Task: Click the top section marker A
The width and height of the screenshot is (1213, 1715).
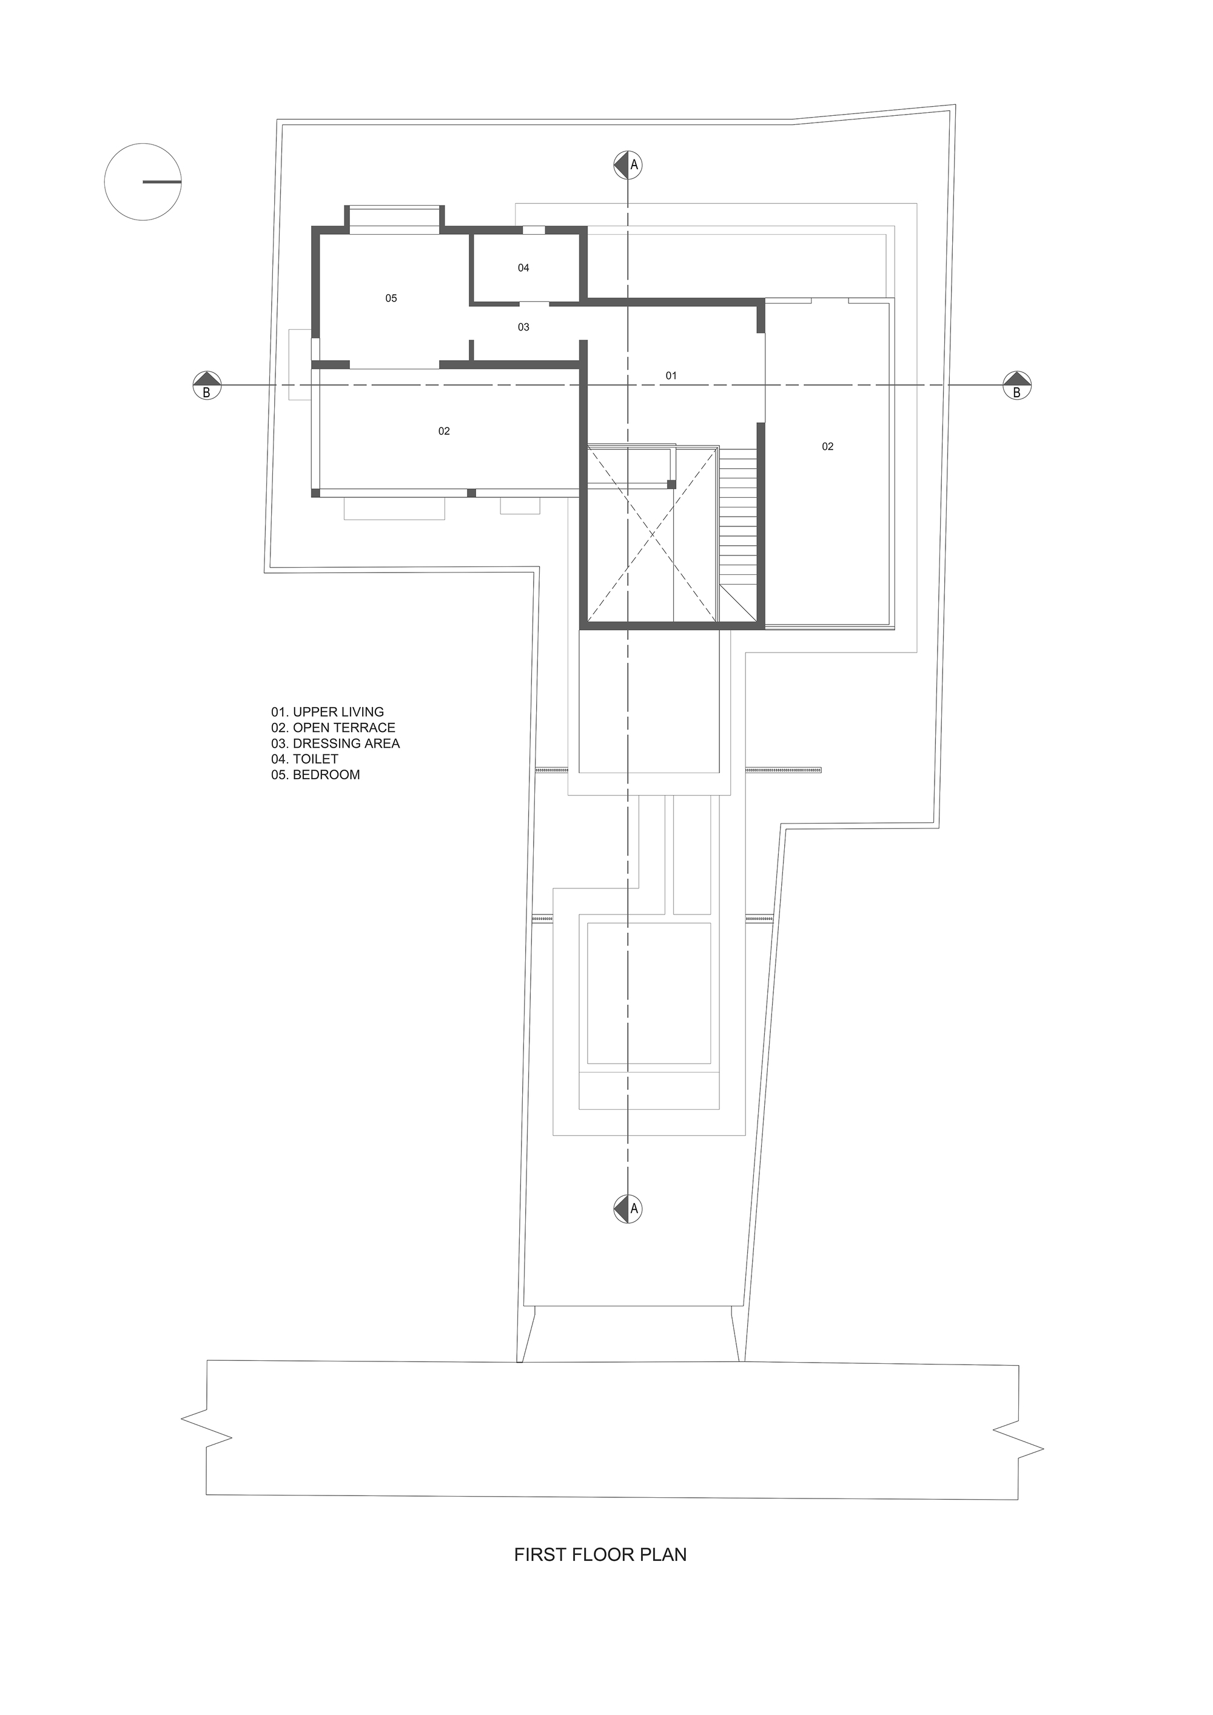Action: [628, 164]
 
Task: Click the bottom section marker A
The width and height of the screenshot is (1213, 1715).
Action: [628, 1208]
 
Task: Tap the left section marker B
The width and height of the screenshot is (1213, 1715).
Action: [207, 386]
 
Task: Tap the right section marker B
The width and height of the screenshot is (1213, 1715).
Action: [1016, 386]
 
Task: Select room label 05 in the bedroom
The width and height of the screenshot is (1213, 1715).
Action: [391, 298]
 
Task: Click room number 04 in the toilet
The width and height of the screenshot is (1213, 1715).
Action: [523, 267]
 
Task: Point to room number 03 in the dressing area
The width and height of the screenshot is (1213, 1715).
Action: [523, 327]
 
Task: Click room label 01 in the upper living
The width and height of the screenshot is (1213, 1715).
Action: [671, 376]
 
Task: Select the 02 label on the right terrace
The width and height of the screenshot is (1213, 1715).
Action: [828, 447]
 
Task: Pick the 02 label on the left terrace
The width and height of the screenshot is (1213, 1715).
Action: [444, 431]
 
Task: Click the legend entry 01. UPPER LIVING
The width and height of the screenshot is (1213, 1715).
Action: [327, 712]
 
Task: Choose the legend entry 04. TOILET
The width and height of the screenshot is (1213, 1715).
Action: [304, 759]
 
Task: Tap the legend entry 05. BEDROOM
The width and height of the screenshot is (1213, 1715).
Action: [315, 774]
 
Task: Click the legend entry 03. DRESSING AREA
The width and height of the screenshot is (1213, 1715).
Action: [335, 743]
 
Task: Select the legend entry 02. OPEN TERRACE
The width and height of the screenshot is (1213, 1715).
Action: [333, 728]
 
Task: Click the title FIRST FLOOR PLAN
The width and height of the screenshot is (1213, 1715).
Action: [600, 1554]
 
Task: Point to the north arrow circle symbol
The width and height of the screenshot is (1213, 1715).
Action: [143, 181]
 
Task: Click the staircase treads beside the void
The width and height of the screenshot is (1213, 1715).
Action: [738, 515]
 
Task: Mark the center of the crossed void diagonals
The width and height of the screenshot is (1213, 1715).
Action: [653, 534]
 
